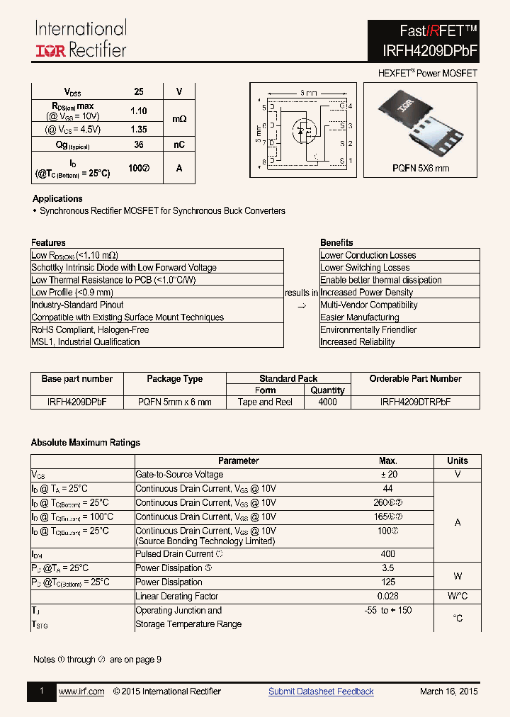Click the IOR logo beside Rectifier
(51, 50)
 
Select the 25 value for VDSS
(139, 91)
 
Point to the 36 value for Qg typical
(139, 145)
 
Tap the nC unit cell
(179, 145)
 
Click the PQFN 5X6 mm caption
(421, 168)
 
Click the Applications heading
(57, 198)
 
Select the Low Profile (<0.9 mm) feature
(72, 292)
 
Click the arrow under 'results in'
(301, 305)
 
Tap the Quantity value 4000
(327, 402)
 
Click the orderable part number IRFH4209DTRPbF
(415, 402)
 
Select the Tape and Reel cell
(266, 402)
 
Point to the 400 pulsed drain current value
(387, 554)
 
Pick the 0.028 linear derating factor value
(387, 597)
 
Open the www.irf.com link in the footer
(81, 691)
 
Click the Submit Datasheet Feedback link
(321, 691)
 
